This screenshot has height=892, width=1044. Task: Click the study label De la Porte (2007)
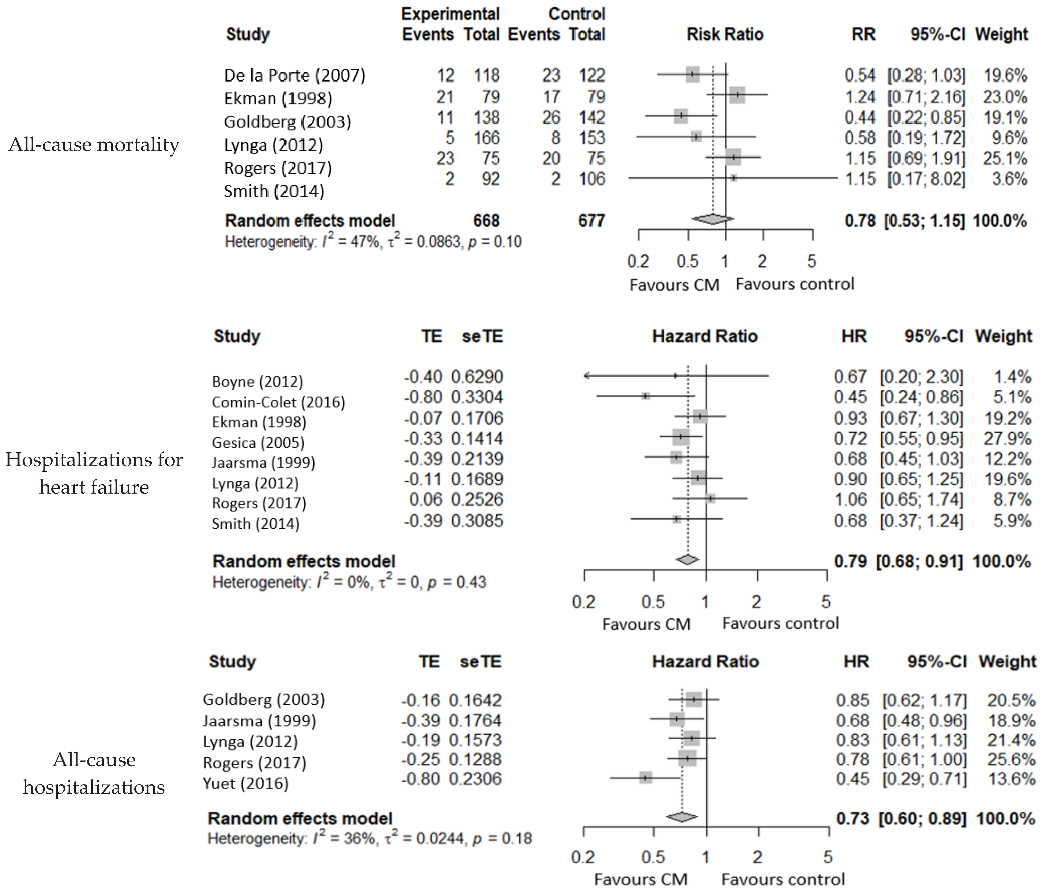294,75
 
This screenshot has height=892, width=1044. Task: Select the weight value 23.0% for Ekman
1004,97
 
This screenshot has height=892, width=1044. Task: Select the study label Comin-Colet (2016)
278,402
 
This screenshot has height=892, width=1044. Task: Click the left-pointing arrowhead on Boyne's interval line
586,375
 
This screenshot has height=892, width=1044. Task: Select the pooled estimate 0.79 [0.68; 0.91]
898,561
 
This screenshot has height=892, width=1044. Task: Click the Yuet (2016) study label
245,783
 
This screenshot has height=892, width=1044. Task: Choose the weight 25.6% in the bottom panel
1011,759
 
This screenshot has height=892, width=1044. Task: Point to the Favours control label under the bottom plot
783,879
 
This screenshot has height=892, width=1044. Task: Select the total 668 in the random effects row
486,220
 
